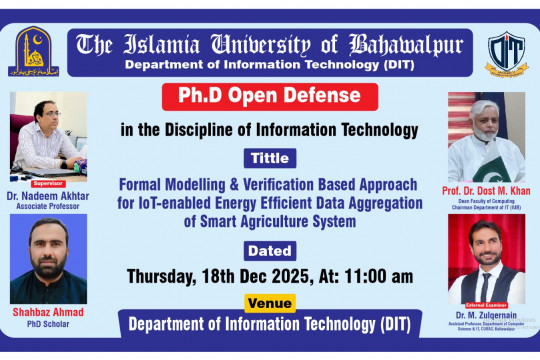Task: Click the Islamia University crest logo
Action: [36, 52]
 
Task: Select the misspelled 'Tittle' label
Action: [269, 158]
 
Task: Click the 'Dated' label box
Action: [269, 250]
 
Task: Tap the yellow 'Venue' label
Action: [270, 302]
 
